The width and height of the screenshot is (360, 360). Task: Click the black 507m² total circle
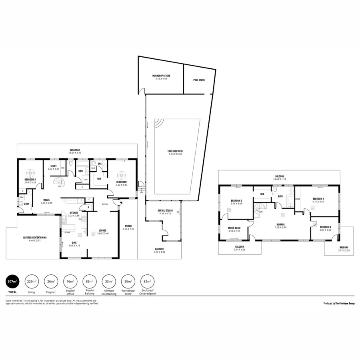(12, 282)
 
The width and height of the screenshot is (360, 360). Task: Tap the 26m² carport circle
(51, 282)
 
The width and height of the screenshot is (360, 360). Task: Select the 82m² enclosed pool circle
(148, 282)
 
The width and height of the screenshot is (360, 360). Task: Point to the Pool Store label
(199, 80)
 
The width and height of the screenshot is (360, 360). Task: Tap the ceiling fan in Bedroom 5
(30, 173)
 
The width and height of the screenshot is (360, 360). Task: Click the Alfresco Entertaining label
(35, 238)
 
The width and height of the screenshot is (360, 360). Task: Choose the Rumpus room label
(280, 224)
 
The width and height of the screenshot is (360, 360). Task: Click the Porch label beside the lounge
(128, 226)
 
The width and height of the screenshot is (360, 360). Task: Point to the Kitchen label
(74, 213)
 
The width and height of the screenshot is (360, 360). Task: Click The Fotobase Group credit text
(339, 304)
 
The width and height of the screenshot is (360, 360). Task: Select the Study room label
(54, 166)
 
